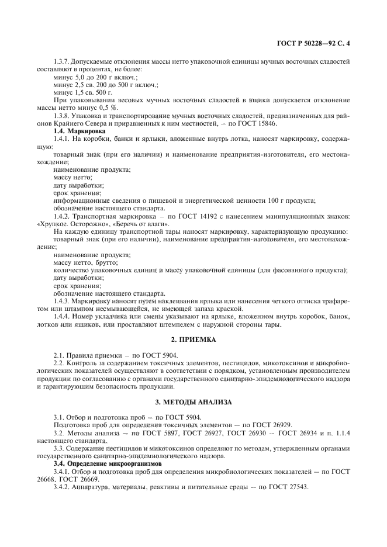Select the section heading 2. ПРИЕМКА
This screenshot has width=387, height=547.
193,340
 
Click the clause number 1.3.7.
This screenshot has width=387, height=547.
62,60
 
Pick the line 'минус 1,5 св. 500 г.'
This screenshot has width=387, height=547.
82,92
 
